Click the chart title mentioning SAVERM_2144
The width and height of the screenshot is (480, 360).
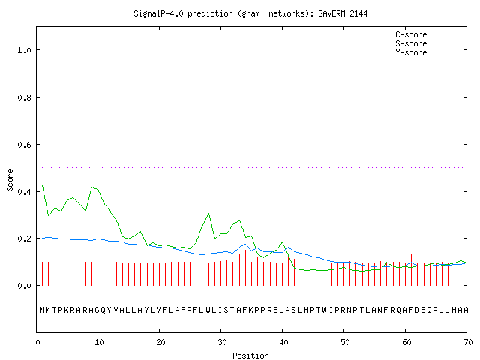(250, 13)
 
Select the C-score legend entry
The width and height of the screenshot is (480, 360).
(427, 34)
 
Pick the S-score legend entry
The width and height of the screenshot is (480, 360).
(427, 43)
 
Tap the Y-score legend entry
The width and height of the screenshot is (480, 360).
(427, 52)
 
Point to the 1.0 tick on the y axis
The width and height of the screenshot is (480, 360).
(24, 50)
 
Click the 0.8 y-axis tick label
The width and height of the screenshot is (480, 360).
(24, 97)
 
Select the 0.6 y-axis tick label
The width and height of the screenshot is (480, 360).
(24, 145)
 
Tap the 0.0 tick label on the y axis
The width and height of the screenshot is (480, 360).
(24, 286)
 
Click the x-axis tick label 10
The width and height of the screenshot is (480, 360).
(99, 342)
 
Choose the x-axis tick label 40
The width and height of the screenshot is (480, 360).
(283, 342)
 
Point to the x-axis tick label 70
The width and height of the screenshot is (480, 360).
(468, 342)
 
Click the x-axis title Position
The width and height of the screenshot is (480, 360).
(250, 355)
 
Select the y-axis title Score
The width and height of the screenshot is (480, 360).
(10, 181)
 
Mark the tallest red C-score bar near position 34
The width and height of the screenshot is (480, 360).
(245, 268)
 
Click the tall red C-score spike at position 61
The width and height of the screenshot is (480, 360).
(411, 269)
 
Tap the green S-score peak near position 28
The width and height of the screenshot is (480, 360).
(208, 213)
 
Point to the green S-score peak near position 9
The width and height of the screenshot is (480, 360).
(91, 187)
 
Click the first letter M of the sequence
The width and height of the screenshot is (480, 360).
(42, 310)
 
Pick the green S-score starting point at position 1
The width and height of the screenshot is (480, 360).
(42, 185)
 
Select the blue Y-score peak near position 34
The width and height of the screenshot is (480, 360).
(245, 244)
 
